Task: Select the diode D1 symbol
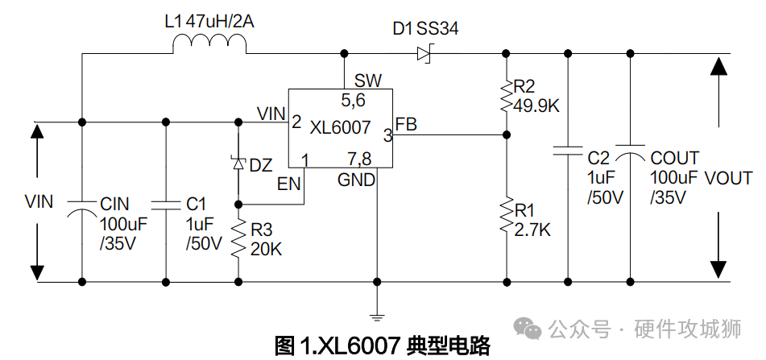[424, 54]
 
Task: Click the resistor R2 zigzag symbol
[506, 95]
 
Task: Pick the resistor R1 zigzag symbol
[506, 215]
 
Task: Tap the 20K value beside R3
[266, 249]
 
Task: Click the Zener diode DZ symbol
[238, 163]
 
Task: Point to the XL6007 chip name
[340, 127]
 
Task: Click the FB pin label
[407, 125]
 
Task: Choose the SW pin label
[368, 81]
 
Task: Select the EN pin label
[288, 184]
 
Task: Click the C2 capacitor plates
[568, 150]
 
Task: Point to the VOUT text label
[728, 179]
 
